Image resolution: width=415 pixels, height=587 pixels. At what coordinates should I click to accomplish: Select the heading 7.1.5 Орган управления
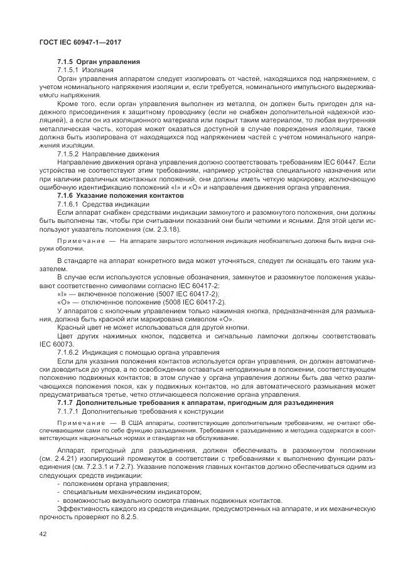pos(98,62)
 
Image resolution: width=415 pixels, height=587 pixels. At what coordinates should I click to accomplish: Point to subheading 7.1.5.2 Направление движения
pos(107,153)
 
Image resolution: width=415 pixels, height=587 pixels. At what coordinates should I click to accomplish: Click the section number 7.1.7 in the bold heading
pos(65,402)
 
